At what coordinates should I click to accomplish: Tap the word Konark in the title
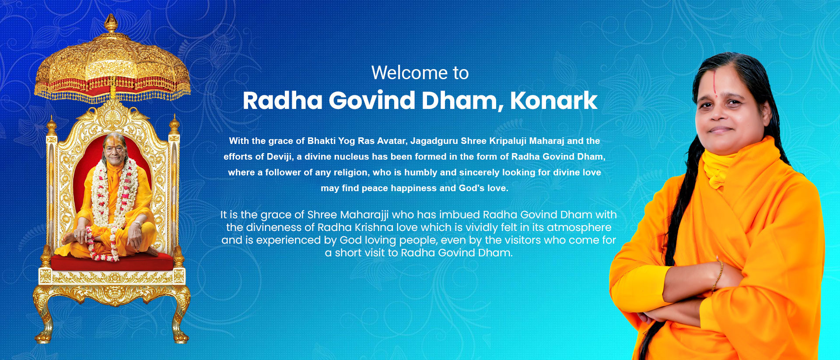pyautogui.click(x=553, y=101)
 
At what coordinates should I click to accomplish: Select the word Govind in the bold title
pyautogui.click(x=372, y=101)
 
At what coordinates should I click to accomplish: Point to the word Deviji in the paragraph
pyautogui.click(x=279, y=157)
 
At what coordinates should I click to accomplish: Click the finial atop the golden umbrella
pyautogui.click(x=111, y=23)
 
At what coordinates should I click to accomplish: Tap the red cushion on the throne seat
pyautogui.click(x=112, y=261)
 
